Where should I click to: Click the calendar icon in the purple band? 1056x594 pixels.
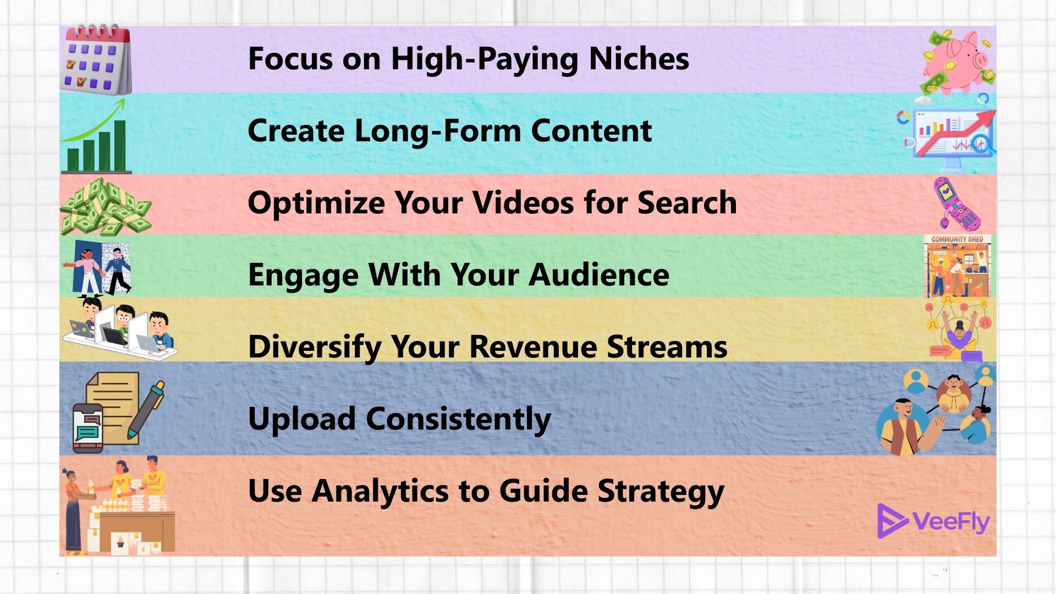[96, 59]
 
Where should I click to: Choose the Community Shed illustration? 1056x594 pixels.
[958, 266]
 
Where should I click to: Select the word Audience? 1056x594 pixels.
[599, 274]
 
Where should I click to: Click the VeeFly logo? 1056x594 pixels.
[933, 521]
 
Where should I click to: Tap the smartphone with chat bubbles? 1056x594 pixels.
[88, 428]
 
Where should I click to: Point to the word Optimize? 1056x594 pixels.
[316, 203]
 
